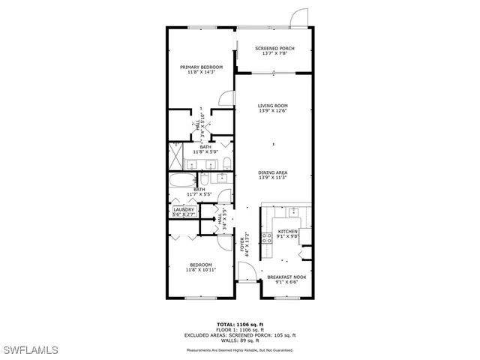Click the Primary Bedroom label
(202, 70)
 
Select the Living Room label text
(273, 109)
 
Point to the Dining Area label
(273, 175)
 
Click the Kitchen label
(289, 234)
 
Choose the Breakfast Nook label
(286, 280)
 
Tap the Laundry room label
(184, 212)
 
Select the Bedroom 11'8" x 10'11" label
(200, 267)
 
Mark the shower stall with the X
(175, 157)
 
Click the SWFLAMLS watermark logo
(30, 350)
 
